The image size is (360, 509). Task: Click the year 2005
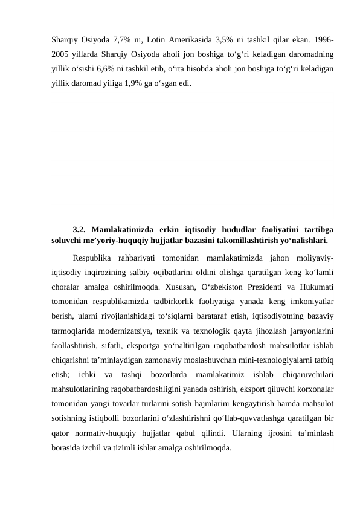pos(61,54)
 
